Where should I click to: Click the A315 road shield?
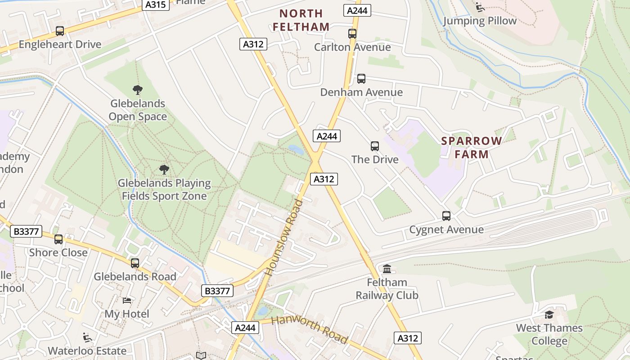tap(156, 5)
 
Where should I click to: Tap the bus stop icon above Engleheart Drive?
tap(60, 31)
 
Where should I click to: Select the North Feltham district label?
tap(301, 20)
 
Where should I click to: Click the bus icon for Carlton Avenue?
tap(352, 34)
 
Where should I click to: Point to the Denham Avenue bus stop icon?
tap(361, 79)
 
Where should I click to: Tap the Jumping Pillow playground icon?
tap(480, 7)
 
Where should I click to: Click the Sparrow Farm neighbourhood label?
tap(471, 148)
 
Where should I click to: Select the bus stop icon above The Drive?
tap(375, 146)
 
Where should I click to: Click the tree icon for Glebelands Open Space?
tap(138, 90)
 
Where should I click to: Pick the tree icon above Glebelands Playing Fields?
tap(164, 170)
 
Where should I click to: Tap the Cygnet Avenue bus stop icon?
tap(446, 216)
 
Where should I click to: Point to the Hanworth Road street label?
tap(310, 329)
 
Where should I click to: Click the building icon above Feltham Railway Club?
tap(387, 269)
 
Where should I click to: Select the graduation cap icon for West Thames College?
tap(549, 315)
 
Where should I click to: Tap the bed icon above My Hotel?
tap(127, 300)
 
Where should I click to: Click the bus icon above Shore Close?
tap(58, 239)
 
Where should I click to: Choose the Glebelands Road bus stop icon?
tap(135, 263)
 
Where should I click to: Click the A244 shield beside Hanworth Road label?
tap(246, 328)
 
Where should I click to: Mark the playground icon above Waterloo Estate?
tap(87, 337)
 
